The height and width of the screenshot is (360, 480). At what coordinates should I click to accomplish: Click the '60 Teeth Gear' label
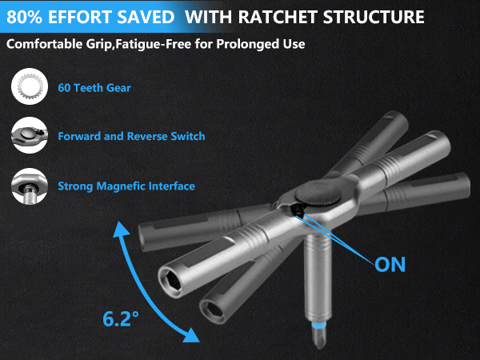pos(94,88)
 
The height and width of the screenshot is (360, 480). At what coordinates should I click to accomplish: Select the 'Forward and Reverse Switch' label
pos(130,137)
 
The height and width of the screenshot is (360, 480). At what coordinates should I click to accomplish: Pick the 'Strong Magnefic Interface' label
pos(126,186)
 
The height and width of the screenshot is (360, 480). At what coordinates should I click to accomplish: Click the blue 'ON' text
pos(390,264)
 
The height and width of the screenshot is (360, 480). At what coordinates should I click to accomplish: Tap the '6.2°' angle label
pos(121,318)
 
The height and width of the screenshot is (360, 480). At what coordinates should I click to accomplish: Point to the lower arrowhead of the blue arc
pos(190,337)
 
